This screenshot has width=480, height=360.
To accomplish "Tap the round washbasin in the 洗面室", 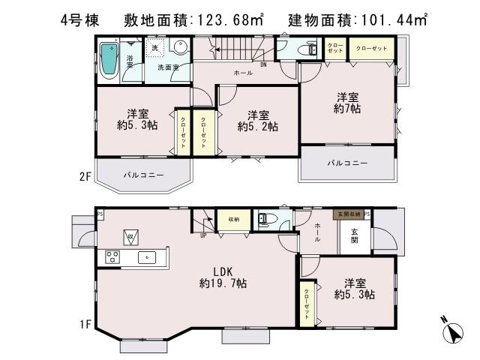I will [180, 50].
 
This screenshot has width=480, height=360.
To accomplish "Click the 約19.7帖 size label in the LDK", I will [223, 283].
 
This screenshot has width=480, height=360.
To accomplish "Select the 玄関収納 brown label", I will [347, 214].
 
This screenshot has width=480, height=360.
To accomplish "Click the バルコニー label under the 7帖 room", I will [347, 163].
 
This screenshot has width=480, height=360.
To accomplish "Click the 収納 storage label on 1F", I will [234, 219].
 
